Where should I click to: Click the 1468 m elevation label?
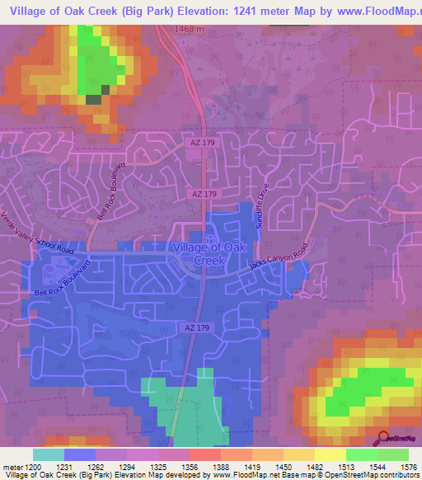190,30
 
